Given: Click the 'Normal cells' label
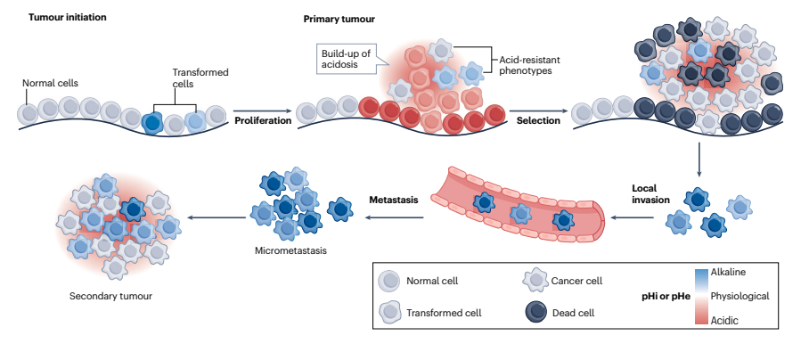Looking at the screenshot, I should (51, 83).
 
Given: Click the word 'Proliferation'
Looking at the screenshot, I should (263, 120).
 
